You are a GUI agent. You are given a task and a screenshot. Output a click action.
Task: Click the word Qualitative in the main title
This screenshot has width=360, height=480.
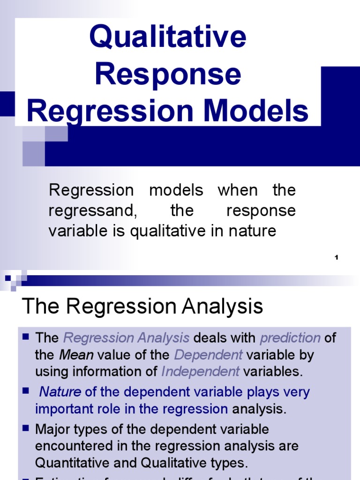point(167,37)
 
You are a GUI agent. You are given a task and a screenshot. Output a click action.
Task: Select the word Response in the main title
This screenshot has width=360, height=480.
point(167,75)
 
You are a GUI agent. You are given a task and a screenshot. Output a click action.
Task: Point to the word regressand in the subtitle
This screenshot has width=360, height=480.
point(92,211)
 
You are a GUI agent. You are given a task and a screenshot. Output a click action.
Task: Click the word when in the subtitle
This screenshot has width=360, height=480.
point(238,190)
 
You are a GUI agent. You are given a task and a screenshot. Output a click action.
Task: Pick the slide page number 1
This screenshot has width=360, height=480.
point(337,257)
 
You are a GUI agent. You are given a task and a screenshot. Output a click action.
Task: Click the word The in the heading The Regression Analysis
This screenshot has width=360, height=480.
point(42,307)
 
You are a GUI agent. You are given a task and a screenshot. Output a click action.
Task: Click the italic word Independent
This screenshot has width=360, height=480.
point(200,372)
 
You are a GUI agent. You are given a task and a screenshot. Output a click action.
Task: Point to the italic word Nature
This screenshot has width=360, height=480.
point(60,392)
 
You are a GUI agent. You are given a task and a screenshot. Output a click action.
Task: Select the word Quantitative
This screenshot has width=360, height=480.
point(75,463)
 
